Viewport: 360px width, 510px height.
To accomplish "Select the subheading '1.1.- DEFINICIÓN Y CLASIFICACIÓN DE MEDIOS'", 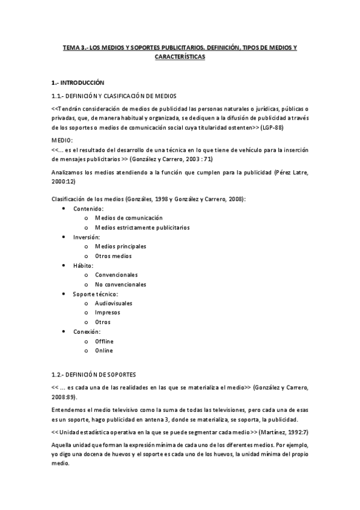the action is [114, 95].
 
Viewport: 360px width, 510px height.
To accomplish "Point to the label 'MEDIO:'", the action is [62, 140].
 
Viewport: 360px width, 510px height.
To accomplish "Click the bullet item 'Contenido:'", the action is [88, 208].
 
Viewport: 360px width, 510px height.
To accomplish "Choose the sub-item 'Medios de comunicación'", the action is [129, 218].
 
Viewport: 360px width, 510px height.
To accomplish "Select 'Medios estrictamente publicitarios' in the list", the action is [142, 227].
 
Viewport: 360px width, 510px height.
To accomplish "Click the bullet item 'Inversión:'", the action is [88, 237].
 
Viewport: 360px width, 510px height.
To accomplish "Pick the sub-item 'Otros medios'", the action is [113, 256].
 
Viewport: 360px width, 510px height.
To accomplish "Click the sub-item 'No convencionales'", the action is [120, 284].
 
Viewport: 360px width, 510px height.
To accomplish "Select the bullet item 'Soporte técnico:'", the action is [96, 294].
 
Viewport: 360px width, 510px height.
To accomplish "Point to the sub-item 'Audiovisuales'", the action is [114, 303].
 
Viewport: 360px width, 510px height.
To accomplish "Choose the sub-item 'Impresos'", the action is [108, 313].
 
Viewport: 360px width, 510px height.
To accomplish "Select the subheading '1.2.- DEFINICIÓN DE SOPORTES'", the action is [93, 373].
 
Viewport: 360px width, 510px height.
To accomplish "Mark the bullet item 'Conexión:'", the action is [87, 331].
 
